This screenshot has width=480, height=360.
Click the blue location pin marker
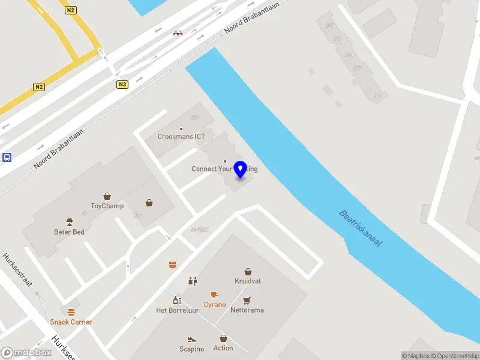[241, 169]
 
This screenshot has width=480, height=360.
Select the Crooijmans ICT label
[181, 136]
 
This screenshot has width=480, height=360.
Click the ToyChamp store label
[107, 206]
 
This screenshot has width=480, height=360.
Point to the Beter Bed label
[70, 232]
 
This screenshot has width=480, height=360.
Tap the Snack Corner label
[71, 322]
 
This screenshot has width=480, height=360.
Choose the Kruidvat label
[248, 281]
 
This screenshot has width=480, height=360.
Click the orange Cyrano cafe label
[215, 305]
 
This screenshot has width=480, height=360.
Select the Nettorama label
[247, 310]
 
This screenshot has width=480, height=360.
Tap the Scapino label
[192, 349]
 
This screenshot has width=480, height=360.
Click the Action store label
[223, 348]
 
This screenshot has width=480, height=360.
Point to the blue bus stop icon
[7, 158]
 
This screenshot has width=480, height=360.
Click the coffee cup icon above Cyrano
[214, 295]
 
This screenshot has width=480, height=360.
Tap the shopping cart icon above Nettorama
[247, 300]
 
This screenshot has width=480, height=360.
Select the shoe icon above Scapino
[191, 339]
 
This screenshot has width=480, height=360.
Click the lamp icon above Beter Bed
[70, 221]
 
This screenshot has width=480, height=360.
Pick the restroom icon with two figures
[193, 281]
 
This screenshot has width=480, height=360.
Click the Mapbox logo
[26, 352]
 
